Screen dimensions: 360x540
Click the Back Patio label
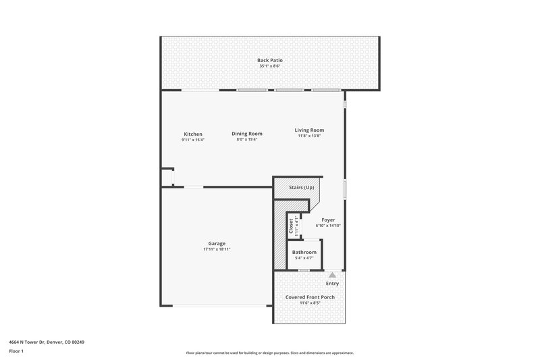coord(269,60)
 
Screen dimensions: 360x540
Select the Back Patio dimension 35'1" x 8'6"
coord(269,66)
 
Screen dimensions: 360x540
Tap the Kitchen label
coord(193,134)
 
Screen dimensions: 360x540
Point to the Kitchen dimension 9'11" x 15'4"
coord(193,140)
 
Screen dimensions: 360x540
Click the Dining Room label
coord(247,134)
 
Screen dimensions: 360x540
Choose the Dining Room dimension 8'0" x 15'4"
coord(247,140)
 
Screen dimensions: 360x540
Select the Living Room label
coord(309,130)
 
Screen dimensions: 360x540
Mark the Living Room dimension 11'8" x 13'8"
coord(309,136)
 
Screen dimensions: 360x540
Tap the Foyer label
coord(328,220)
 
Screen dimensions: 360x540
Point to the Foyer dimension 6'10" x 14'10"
coord(328,226)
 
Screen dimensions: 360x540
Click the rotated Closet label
coord(291,226)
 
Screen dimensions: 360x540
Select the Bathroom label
coord(304,252)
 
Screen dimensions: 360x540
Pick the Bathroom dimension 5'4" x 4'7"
coord(304,258)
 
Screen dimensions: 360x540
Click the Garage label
coord(217,243)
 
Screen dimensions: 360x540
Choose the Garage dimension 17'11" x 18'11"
coord(217,249)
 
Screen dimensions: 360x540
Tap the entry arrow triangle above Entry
coord(332,275)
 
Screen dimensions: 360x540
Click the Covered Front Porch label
coord(310,297)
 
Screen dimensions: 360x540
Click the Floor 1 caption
coord(16,352)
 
